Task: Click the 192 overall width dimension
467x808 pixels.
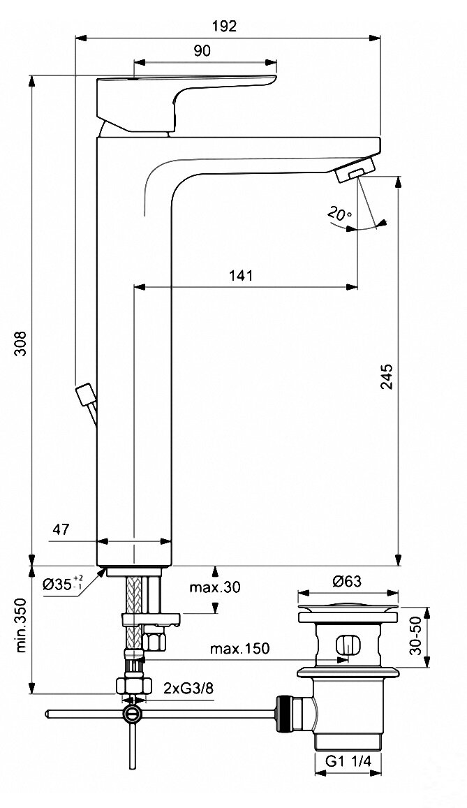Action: click(226, 27)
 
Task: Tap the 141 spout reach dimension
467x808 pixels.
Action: click(240, 275)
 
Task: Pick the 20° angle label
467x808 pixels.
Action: click(339, 214)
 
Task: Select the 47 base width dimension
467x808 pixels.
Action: click(62, 529)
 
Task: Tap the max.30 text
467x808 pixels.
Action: click(214, 587)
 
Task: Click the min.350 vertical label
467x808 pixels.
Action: click(22, 636)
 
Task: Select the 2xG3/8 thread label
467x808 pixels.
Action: click(188, 688)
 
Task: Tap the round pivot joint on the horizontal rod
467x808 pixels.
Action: click(131, 714)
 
